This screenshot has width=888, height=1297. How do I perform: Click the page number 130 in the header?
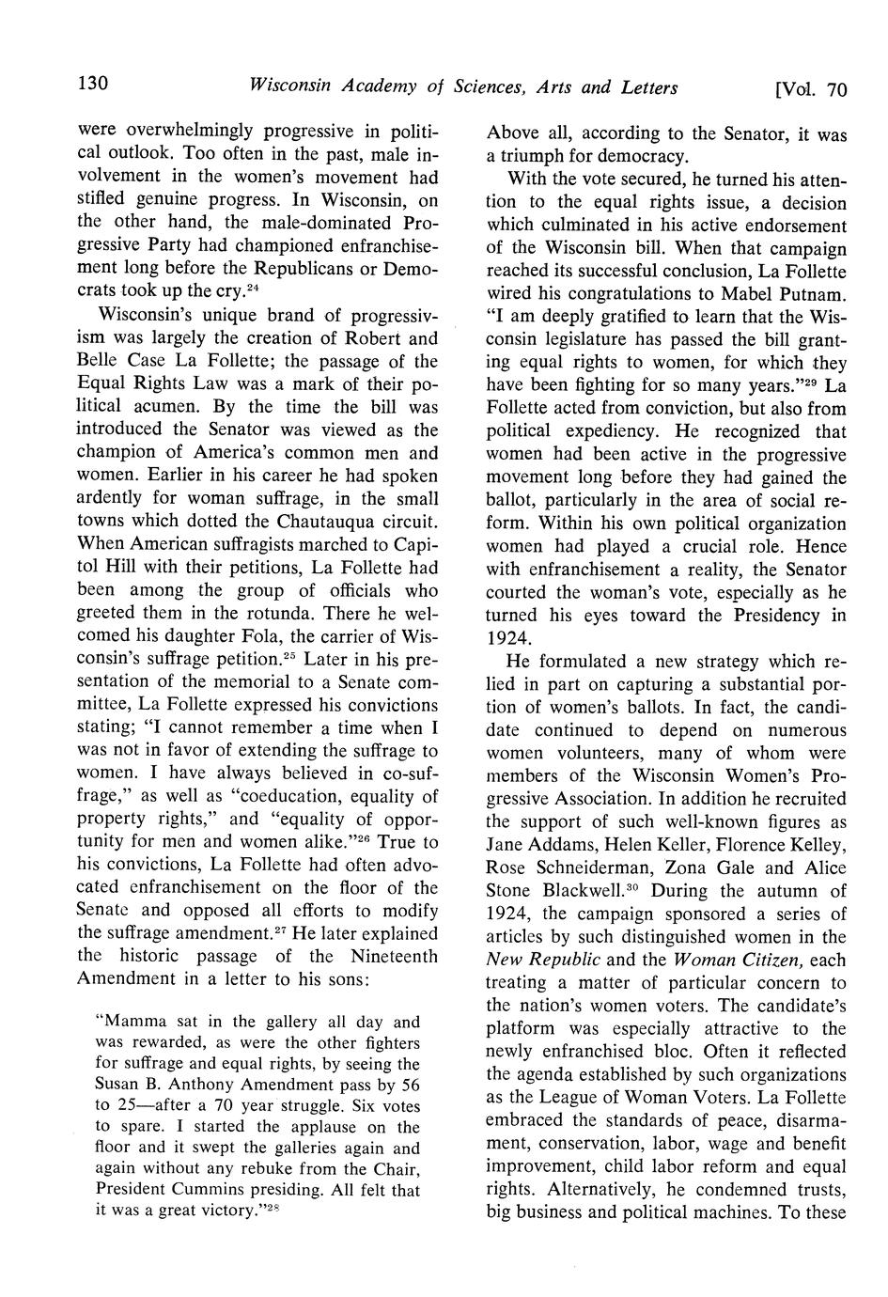pyautogui.click(x=94, y=86)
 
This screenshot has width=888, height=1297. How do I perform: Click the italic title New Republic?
pyautogui.click(x=543, y=960)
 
